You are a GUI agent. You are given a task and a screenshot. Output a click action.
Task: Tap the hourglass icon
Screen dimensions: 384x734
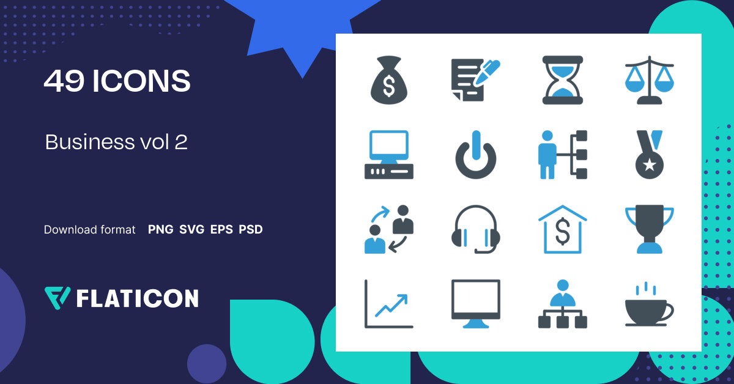point(563,79)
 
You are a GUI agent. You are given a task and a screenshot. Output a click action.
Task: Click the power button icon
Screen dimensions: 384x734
point(476,155)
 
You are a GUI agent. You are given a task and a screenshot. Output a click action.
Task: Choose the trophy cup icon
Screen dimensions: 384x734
point(650,229)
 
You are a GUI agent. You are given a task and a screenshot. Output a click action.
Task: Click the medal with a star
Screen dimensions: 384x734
point(648,155)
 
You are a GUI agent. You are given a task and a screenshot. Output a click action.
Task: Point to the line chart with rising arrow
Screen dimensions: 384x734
point(389,304)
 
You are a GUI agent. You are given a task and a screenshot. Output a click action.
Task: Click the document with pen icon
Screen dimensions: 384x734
point(475,79)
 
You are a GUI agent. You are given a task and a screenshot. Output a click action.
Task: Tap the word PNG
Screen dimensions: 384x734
point(161,230)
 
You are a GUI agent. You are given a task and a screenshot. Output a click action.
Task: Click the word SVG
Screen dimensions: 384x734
point(192,230)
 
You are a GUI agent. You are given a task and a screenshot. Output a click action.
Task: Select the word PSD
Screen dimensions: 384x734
point(251,230)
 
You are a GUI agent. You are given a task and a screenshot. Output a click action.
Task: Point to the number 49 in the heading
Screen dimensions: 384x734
point(64,81)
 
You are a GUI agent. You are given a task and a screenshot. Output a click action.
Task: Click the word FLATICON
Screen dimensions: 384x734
point(137,298)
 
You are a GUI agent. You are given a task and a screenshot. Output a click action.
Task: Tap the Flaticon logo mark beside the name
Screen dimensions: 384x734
point(57,297)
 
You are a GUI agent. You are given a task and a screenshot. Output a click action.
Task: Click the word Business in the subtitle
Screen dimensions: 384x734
point(85,142)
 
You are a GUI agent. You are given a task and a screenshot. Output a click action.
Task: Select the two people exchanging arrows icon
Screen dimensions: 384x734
point(389,229)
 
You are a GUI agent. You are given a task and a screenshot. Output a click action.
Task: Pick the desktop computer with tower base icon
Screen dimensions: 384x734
point(389,155)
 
